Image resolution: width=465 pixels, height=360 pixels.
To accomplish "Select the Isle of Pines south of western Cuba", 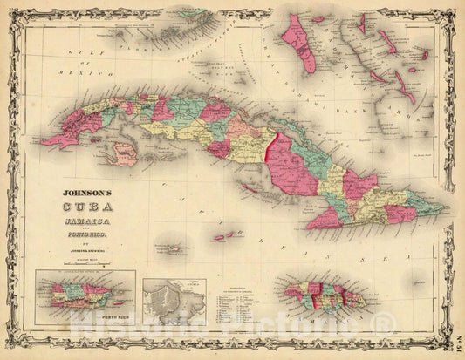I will click(126, 153).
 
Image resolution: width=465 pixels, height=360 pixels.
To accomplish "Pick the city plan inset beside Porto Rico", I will click(174, 301).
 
